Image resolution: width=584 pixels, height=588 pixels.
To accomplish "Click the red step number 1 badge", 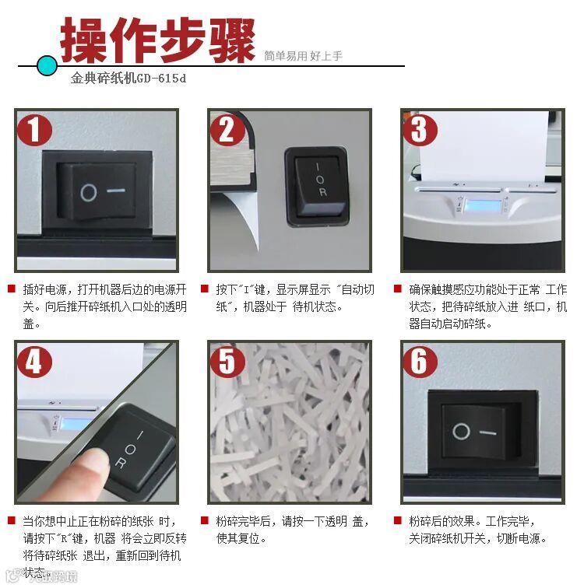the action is [x=34, y=130].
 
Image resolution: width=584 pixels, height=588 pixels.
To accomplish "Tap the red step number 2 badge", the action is [x=227, y=130].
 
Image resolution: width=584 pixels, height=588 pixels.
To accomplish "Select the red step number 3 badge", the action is [x=420, y=130].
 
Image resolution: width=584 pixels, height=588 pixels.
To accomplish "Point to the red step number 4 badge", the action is [x=34, y=362].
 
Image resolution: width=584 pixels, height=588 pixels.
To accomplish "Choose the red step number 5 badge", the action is [x=227, y=362].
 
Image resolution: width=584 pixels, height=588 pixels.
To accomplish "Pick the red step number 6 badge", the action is [x=420, y=362].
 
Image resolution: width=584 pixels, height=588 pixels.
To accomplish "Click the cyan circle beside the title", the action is [x=47, y=65].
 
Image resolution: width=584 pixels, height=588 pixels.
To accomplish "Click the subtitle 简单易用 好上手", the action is [x=303, y=56].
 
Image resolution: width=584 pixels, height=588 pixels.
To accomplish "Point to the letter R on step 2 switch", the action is [x=322, y=192].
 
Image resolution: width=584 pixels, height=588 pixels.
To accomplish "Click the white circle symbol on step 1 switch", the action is [x=89, y=193].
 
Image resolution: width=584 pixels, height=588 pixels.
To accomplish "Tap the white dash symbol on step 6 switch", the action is [x=487, y=432].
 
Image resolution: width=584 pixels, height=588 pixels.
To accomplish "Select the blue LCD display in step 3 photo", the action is [x=483, y=205].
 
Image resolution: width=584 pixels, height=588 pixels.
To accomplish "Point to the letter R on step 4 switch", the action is [x=120, y=463].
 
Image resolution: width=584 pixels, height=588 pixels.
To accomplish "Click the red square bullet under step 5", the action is [x=205, y=520].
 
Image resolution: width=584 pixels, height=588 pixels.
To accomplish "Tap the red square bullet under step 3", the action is [x=398, y=289].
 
